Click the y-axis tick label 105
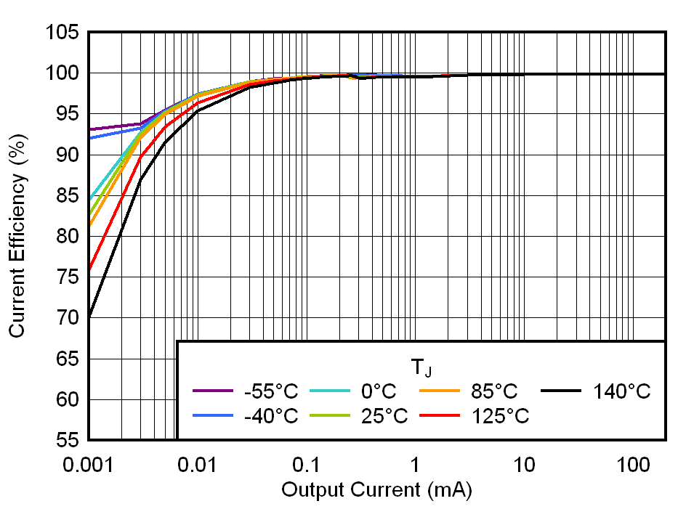[63, 33]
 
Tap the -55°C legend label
[271, 392]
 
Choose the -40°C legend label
[271, 416]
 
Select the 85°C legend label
[494, 392]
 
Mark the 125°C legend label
[500, 416]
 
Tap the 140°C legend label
[621, 392]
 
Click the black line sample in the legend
[562, 391]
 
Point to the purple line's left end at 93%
[89, 129]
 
